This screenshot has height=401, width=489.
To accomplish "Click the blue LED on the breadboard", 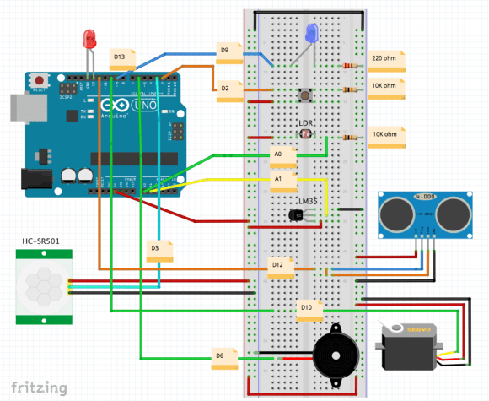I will tap(312, 34).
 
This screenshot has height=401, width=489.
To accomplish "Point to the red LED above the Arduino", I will tap(90, 39).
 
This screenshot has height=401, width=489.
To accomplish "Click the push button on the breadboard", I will tap(304, 94).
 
